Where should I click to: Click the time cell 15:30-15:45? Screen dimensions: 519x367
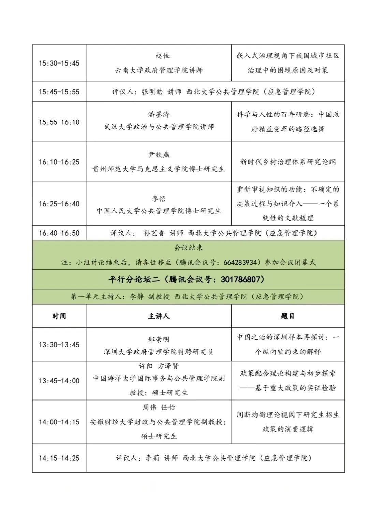pos(59,63)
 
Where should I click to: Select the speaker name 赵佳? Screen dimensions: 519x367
pos(162,56)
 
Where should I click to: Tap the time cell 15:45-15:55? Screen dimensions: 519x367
pos(59,92)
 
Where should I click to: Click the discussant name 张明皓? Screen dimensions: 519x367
pos(152,92)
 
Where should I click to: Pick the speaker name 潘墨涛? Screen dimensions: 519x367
pos(159,114)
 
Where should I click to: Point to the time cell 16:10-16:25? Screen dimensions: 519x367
pos(59,162)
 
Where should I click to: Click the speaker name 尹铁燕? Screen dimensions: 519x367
pos(159,155)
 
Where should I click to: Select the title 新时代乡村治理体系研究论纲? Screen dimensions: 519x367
pos(288,162)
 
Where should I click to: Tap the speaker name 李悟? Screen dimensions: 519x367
pos(159,199)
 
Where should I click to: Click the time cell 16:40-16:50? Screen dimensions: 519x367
pos(59,233)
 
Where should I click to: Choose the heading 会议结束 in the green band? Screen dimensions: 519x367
pos(188,248)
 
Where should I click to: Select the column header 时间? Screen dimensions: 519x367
pos(59,316)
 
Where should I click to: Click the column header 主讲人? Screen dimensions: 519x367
pos(159,316)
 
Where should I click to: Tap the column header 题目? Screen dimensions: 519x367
pos(288,316)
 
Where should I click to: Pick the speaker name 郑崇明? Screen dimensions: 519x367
pos(159,339)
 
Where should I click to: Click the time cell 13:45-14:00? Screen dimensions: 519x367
pos(59,381)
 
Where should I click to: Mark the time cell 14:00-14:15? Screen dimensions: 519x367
pos(59,422)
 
